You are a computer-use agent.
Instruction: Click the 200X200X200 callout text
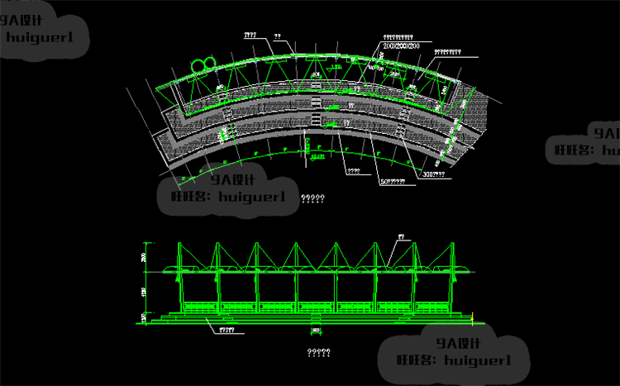pyautogui.click(x=403, y=46)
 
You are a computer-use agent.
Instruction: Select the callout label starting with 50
pyautogui.click(x=392, y=180)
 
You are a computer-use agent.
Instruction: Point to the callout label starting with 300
pyautogui.click(x=433, y=174)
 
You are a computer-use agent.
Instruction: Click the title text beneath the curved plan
pyautogui.click(x=312, y=198)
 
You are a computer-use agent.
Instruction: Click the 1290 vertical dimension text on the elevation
pyautogui.click(x=144, y=292)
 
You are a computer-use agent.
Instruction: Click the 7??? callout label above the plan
pyautogui.click(x=250, y=36)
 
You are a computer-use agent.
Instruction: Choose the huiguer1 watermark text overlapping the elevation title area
pyautogui.click(x=478, y=360)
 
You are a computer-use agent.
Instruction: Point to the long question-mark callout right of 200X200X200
pyautogui.click(x=448, y=52)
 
